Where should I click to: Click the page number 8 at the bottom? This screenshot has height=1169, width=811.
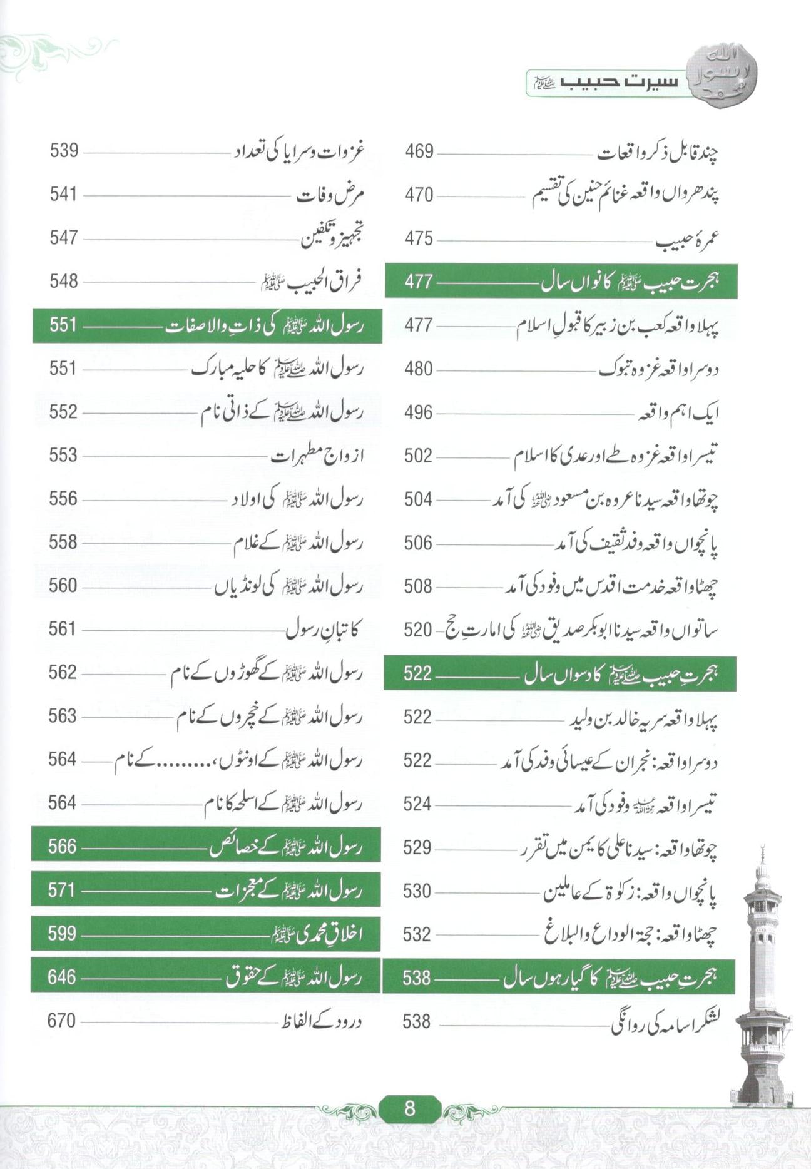tap(410, 1108)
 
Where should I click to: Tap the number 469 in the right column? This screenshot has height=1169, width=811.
tap(419, 151)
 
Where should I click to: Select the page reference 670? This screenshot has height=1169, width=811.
tap(61, 1021)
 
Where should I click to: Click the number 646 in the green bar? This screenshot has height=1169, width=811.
tap(61, 977)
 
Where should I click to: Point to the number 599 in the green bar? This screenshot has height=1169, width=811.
tap(61, 933)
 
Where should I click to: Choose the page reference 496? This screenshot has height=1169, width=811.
tap(418, 412)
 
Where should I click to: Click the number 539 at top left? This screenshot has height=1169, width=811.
tap(64, 151)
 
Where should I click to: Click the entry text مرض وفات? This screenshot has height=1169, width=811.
tap(330, 195)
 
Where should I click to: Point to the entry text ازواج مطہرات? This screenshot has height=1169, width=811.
tap(317, 456)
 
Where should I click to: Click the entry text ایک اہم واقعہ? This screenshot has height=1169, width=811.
tap(678, 413)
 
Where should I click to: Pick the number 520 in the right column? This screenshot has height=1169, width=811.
tap(417, 630)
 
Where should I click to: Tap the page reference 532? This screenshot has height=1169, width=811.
tap(417, 934)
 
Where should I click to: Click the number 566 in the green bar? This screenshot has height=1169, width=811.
tap(61, 846)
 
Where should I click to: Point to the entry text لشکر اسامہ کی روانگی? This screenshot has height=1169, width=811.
tap(665, 1023)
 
